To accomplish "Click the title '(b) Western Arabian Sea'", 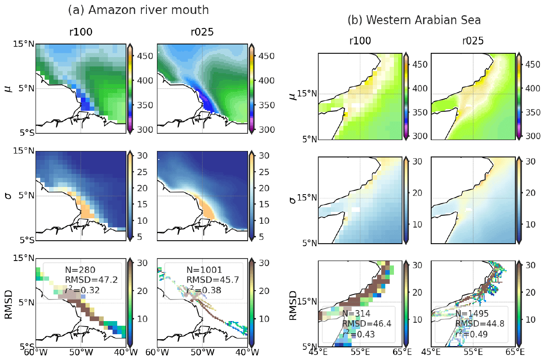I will click(414, 20).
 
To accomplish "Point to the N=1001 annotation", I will click(200, 269).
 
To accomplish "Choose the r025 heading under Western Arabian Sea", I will click(473, 41).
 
